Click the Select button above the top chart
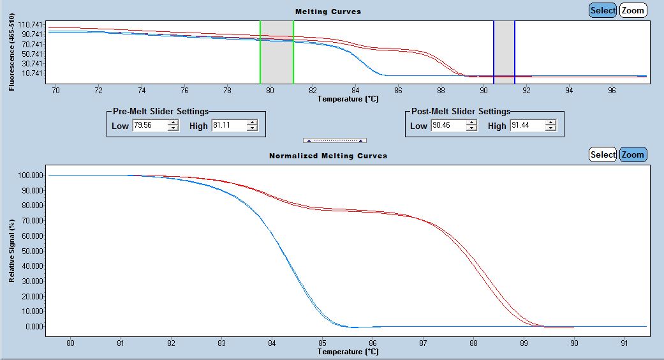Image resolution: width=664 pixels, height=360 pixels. [x=603, y=10]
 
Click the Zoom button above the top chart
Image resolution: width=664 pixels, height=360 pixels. [x=633, y=10]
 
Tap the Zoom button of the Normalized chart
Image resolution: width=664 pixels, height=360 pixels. [x=633, y=154]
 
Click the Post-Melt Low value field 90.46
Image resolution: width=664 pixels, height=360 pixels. [x=447, y=126]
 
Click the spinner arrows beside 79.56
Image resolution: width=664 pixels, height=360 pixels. [x=173, y=126]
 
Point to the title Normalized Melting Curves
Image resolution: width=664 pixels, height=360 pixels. [x=328, y=156]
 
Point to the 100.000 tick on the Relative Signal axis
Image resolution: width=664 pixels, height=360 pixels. [x=32, y=175]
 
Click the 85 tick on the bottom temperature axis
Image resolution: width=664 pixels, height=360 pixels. [x=322, y=342]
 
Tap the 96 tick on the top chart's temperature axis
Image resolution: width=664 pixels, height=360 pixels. [x=612, y=90]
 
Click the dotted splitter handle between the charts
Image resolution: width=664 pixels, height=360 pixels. [x=334, y=140]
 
